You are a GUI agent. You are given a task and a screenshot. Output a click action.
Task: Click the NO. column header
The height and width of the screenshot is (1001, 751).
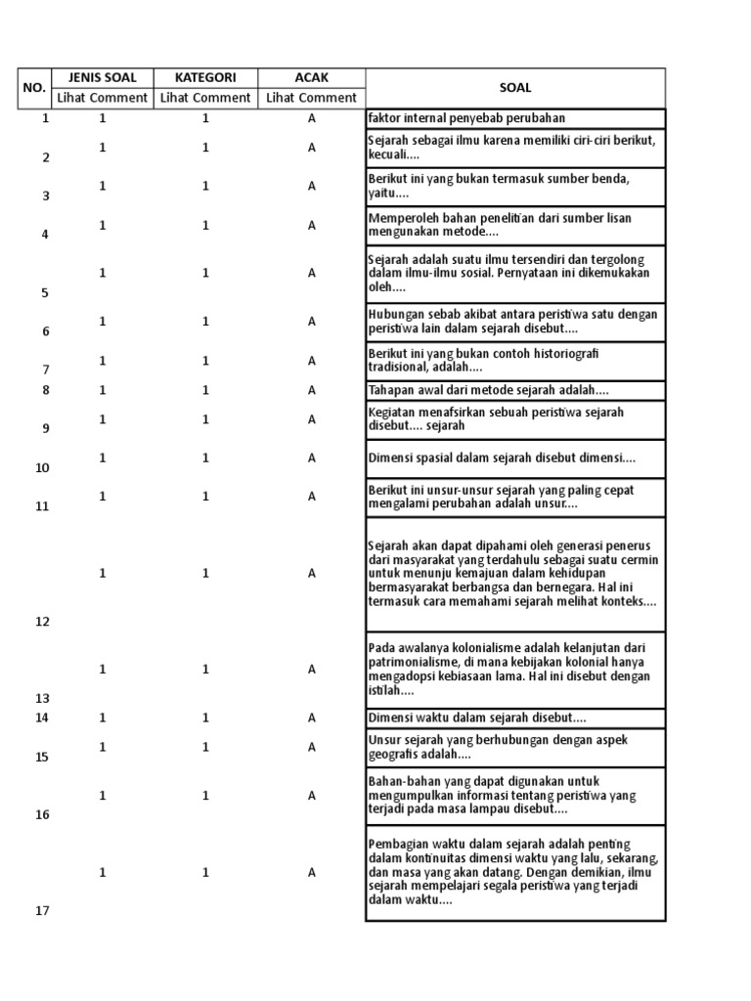point(34,87)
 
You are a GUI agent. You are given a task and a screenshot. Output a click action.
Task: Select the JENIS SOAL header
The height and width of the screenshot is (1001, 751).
point(102,77)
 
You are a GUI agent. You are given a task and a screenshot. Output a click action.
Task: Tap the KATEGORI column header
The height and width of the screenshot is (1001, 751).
point(205,77)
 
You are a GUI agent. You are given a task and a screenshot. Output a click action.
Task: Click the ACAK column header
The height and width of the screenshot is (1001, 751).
point(312,77)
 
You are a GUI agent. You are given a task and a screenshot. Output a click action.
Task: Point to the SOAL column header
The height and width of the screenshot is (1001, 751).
point(515,87)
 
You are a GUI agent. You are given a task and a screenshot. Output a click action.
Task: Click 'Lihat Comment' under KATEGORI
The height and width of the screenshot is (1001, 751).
point(205,98)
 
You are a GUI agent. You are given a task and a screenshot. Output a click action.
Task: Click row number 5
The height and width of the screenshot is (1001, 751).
point(42,292)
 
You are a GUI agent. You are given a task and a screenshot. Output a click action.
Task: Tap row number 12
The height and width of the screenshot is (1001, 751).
point(42,622)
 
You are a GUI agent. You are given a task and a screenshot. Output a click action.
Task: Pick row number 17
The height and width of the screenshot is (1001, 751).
point(42,911)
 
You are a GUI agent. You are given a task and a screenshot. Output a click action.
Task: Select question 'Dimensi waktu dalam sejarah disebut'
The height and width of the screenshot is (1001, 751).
point(477,718)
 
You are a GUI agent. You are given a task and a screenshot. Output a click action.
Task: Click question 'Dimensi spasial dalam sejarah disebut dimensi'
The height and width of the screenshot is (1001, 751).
point(502,457)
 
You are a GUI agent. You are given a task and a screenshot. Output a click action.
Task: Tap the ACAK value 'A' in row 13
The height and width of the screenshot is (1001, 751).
point(312,670)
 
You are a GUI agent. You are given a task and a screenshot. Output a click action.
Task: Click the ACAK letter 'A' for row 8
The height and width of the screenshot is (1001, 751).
point(312,390)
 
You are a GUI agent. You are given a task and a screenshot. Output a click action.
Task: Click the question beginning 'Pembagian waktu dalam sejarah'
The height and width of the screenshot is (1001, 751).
point(514,872)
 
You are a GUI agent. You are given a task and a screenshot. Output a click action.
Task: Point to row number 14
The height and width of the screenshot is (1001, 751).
point(42,718)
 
